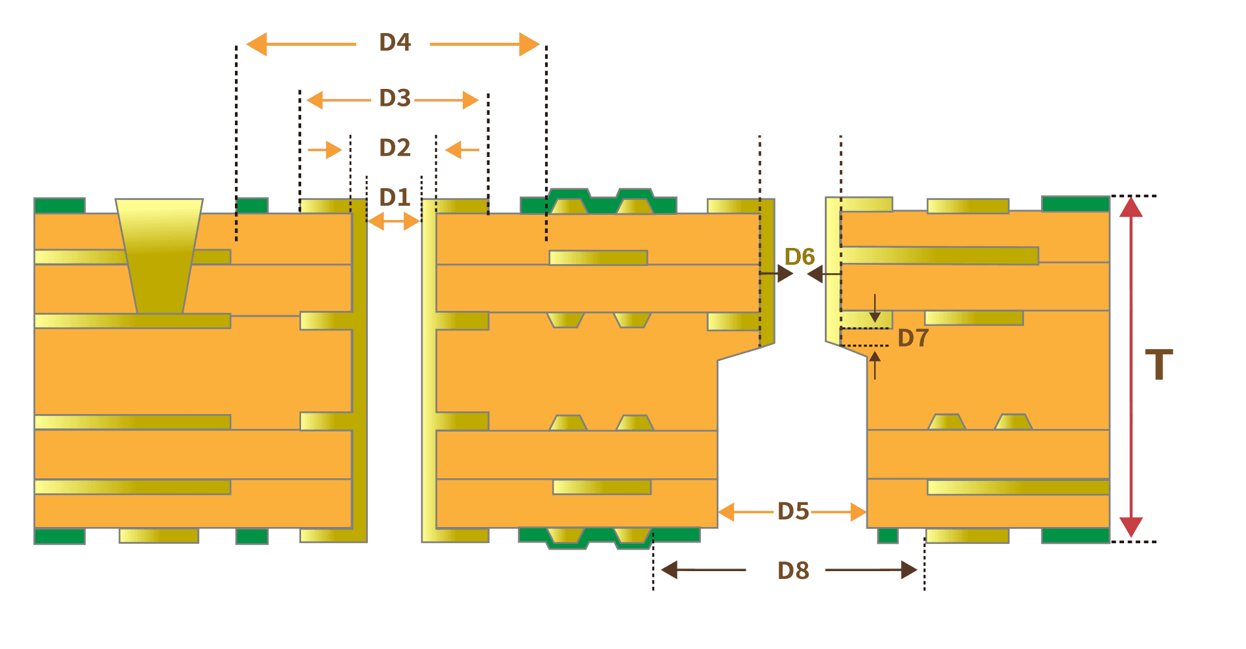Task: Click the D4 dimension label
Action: click(x=395, y=43)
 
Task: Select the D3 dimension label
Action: click(x=395, y=99)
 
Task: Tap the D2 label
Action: click(x=395, y=148)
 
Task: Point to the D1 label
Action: click(x=395, y=197)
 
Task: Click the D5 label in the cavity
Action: click(x=793, y=511)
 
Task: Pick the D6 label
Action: click(x=800, y=257)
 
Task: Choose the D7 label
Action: click(x=913, y=338)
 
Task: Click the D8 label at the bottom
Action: click(x=793, y=570)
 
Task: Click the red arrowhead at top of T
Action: click(x=1130, y=207)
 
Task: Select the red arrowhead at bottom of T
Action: click(x=1130, y=526)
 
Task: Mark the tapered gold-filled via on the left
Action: click(x=159, y=256)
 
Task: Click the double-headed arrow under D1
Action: click(x=394, y=222)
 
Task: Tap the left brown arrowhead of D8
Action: click(x=669, y=570)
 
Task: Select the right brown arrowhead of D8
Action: click(x=909, y=570)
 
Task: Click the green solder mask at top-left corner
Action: click(x=60, y=206)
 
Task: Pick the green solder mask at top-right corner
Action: click(x=1075, y=204)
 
